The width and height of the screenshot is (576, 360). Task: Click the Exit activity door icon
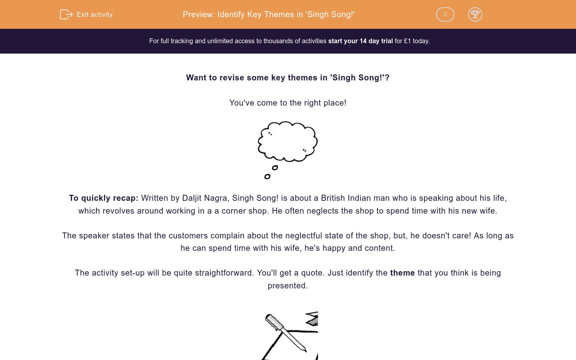(66, 14)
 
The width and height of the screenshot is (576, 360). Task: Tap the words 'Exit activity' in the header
(95, 15)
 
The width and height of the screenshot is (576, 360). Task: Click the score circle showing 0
(445, 14)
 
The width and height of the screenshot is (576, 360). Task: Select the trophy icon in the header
(475, 14)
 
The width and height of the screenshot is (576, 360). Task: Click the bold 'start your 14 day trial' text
(360, 41)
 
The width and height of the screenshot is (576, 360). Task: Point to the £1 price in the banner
(407, 41)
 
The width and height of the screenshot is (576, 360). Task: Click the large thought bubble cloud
(288, 141)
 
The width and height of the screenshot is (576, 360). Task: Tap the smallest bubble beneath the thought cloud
(267, 176)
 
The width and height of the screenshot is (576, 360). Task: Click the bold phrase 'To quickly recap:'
(104, 198)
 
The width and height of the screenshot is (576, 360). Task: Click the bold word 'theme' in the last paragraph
(402, 273)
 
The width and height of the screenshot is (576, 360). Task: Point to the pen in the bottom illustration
(286, 332)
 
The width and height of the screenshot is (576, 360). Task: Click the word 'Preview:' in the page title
(199, 15)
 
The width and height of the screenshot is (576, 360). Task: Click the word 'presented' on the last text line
(286, 286)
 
